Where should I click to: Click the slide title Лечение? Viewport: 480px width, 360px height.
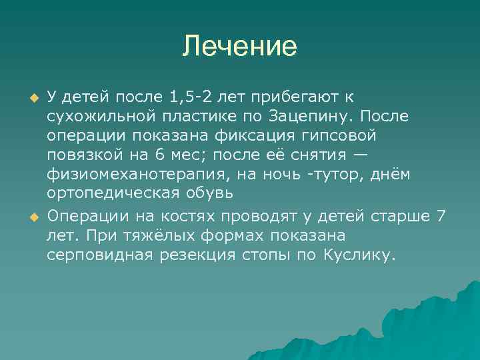click(x=240, y=47)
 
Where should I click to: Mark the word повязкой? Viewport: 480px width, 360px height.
click(x=83, y=155)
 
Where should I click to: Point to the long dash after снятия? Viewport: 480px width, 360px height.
click(x=360, y=155)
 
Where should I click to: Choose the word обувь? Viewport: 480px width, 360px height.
click(x=210, y=194)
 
